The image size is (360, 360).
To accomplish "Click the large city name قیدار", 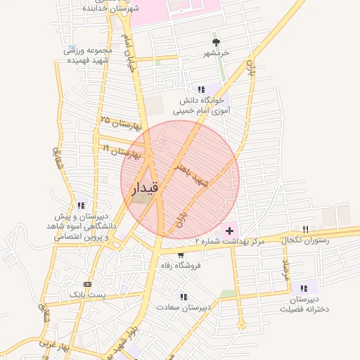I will pyautogui.click(x=146, y=188).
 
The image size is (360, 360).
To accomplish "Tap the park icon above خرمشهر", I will pyautogui.click(x=216, y=43).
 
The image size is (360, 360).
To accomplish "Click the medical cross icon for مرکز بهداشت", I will pyautogui.click(x=229, y=231).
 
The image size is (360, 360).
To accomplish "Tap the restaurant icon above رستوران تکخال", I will pyautogui.click(x=304, y=229).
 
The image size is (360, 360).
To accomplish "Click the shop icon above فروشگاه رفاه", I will pyautogui.click(x=181, y=255).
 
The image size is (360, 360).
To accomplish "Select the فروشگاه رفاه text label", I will pyautogui.click(x=181, y=265).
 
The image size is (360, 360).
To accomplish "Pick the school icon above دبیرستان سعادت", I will pyautogui.click(x=184, y=297).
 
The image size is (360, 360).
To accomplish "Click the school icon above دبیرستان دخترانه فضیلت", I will pyautogui.click(x=304, y=288).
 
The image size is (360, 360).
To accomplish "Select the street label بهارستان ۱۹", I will pyautogui.click(x=123, y=150).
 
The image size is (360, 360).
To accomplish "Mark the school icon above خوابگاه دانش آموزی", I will pyautogui.click(x=202, y=89).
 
